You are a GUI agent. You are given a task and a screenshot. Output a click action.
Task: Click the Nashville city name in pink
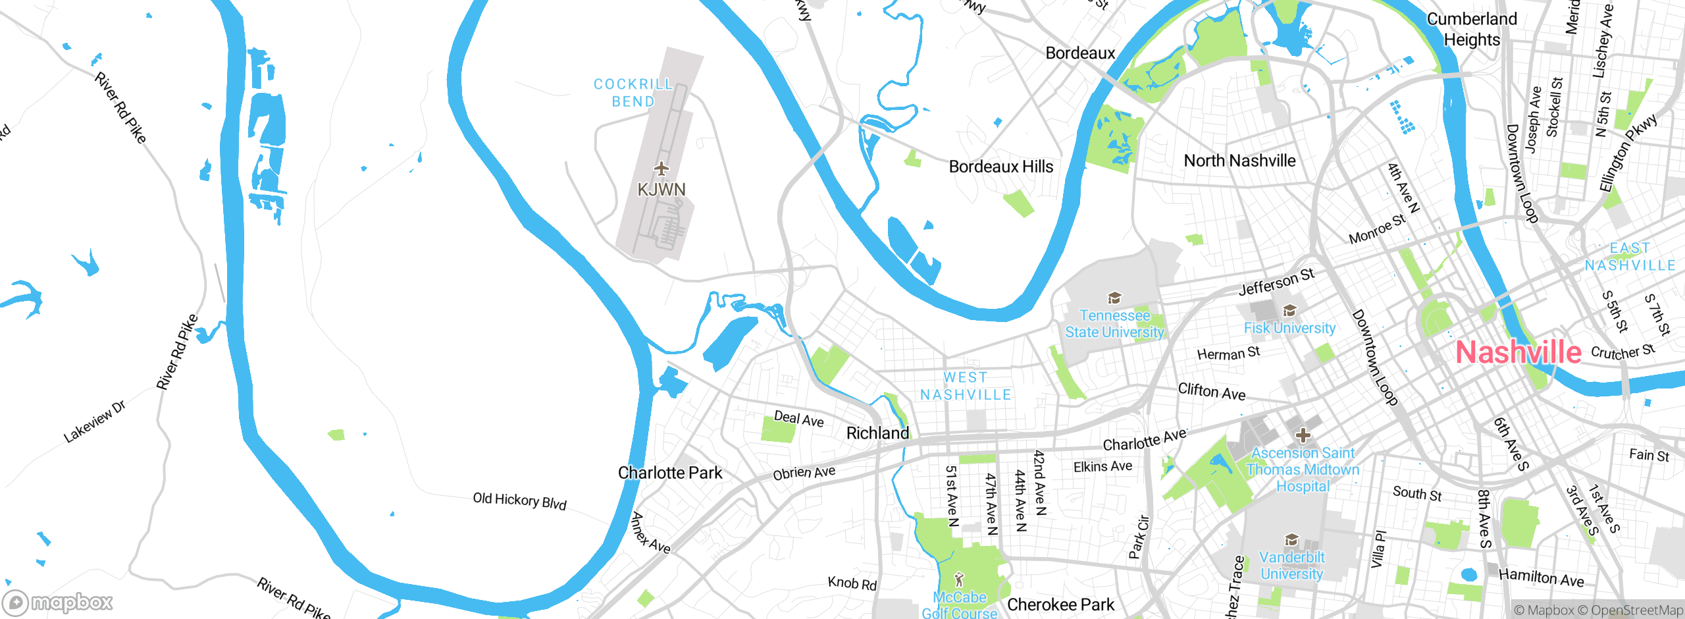tap(1518, 352)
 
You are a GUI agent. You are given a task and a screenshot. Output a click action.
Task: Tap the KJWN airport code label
tap(661, 190)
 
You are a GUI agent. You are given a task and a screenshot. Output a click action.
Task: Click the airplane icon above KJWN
tap(661, 169)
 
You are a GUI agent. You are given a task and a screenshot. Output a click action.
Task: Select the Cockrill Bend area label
tap(633, 93)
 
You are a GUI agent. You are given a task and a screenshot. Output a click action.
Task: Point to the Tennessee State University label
tap(1114, 324)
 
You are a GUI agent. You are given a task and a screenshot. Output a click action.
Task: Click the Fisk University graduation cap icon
tap(1289, 310)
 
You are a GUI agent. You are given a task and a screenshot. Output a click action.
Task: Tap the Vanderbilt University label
tap(1291, 565)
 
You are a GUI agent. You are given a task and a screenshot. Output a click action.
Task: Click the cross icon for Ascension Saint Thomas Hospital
tap(1303, 435)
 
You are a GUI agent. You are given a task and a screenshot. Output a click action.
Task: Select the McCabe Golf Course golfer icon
tap(959, 580)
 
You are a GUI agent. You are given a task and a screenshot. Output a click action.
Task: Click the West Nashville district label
tap(966, 386)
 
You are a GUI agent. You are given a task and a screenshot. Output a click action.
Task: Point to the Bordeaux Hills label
tap(1000, 167)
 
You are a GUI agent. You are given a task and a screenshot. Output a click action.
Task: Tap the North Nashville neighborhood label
tap(1239, 161)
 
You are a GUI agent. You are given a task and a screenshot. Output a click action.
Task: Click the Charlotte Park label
tap(670, 473)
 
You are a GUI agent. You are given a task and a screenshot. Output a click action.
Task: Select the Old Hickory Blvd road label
tap(519, 500)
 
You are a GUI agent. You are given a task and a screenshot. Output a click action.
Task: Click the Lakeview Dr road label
tap(94, 422)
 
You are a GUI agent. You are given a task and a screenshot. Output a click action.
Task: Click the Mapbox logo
tap(58, 602)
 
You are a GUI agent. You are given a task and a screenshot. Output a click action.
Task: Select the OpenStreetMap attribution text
tap(1637, 610)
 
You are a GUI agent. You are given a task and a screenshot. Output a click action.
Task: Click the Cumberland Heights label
tap(1472, 29)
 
